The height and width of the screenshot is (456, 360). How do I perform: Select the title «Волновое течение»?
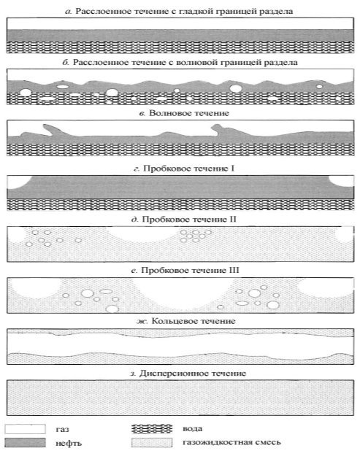coord(189,113)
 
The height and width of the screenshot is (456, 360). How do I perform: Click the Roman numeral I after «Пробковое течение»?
coord(232,169)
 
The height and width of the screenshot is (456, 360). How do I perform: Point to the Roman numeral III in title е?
coord(234,270)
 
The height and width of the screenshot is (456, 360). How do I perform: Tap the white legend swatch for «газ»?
coord(25,429)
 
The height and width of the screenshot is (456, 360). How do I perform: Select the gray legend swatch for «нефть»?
coord(25,443)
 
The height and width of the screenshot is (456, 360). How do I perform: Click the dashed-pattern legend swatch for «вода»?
coord(152,429)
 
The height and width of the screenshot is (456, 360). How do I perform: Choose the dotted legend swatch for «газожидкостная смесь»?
coord(152,442)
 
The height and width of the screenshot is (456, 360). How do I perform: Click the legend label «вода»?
coord(192,429)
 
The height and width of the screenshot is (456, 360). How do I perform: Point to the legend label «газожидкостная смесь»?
coord(231,442)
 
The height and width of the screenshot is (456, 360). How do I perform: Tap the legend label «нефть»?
coord(69,443)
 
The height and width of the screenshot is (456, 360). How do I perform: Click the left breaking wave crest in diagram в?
coord(48,129)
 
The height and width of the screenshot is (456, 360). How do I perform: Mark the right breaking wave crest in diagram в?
coord(218,129)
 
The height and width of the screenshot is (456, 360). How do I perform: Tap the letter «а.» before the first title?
coord(68,12)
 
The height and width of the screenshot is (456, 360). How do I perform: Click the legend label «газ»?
coord(62,430)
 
